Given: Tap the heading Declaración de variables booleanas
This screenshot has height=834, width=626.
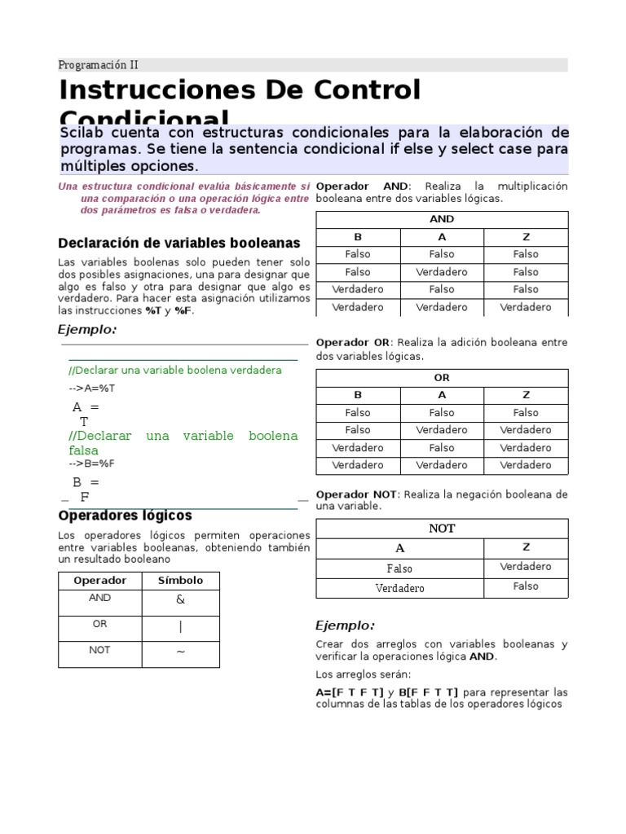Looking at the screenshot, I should pos(179,243).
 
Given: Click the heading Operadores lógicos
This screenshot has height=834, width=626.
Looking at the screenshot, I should pos(125,516).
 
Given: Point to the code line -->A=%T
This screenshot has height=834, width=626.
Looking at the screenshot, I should pos(92,388).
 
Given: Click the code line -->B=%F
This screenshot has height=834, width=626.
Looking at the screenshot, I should pos(92,463).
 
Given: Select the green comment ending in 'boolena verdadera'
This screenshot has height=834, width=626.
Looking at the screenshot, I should pos(175,371).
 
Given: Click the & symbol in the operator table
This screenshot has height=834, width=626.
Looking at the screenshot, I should pos(180,600).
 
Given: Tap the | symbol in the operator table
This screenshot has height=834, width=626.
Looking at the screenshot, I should pos(180,627).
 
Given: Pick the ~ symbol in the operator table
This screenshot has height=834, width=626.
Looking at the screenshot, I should pos(180,652).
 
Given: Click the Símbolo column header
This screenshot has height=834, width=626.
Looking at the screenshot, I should pos(180,581).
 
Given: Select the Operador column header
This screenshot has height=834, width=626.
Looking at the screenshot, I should pos(99,581).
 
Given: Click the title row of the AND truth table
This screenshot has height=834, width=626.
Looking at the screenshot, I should pos(441,219).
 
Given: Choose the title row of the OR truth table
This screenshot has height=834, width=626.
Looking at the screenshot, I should pos(441,378).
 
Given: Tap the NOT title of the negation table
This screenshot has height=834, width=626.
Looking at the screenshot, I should pos(441,528).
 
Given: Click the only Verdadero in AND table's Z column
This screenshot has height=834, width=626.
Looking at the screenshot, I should pos(525,307).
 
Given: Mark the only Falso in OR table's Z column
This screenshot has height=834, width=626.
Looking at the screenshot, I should pos(525,413).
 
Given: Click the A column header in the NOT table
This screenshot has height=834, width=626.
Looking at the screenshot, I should pos(399,548).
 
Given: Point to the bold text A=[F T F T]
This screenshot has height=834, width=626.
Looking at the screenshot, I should pos(350,691).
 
